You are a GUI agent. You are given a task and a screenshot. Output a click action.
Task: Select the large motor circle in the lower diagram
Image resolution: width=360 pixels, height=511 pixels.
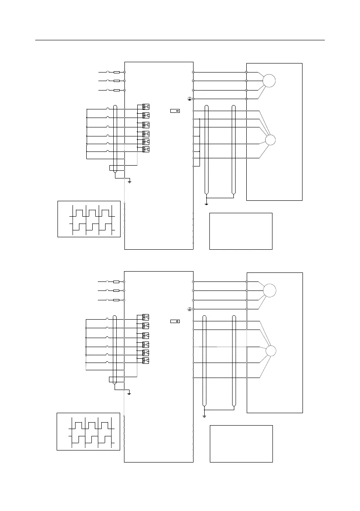coord(269,290)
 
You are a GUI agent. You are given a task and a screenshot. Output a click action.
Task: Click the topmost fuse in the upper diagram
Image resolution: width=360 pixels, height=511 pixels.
coord(116,72)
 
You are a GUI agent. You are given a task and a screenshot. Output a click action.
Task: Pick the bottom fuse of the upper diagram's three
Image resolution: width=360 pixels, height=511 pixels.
coord(116,90)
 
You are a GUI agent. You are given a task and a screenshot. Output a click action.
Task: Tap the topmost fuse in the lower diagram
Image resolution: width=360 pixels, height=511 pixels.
coord(116,282)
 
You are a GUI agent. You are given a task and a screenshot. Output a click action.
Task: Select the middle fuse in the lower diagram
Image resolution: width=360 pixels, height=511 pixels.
coord(116,291)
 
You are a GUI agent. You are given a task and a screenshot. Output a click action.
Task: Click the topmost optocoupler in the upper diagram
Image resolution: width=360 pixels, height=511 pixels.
coord(146,106)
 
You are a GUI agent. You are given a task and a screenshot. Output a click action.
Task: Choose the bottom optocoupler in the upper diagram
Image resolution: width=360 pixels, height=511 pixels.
coord(146,149)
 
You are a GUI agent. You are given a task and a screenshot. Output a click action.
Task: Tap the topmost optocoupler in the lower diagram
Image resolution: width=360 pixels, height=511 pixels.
coord(146,317)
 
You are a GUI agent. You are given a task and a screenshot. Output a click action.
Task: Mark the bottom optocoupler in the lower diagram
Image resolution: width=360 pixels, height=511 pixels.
coord(146,361)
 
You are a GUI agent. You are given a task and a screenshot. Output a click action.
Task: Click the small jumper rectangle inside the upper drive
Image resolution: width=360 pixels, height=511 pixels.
coord(175,111)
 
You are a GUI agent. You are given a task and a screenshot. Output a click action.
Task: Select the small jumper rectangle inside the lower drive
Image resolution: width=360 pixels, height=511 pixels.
coord(175,321)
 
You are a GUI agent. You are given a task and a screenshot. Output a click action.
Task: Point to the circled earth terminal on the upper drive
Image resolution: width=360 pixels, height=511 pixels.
coord(189,99)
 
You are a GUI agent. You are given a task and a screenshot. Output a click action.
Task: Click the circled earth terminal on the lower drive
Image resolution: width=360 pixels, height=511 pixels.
coord(189,309)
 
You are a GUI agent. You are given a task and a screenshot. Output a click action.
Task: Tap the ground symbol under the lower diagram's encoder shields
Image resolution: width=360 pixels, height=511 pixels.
coord(204,415)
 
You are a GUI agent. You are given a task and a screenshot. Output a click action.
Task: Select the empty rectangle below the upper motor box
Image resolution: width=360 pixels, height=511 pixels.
coord(241,231)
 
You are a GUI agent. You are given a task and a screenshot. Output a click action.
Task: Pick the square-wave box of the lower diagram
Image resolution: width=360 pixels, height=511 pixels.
coord(88,431)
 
